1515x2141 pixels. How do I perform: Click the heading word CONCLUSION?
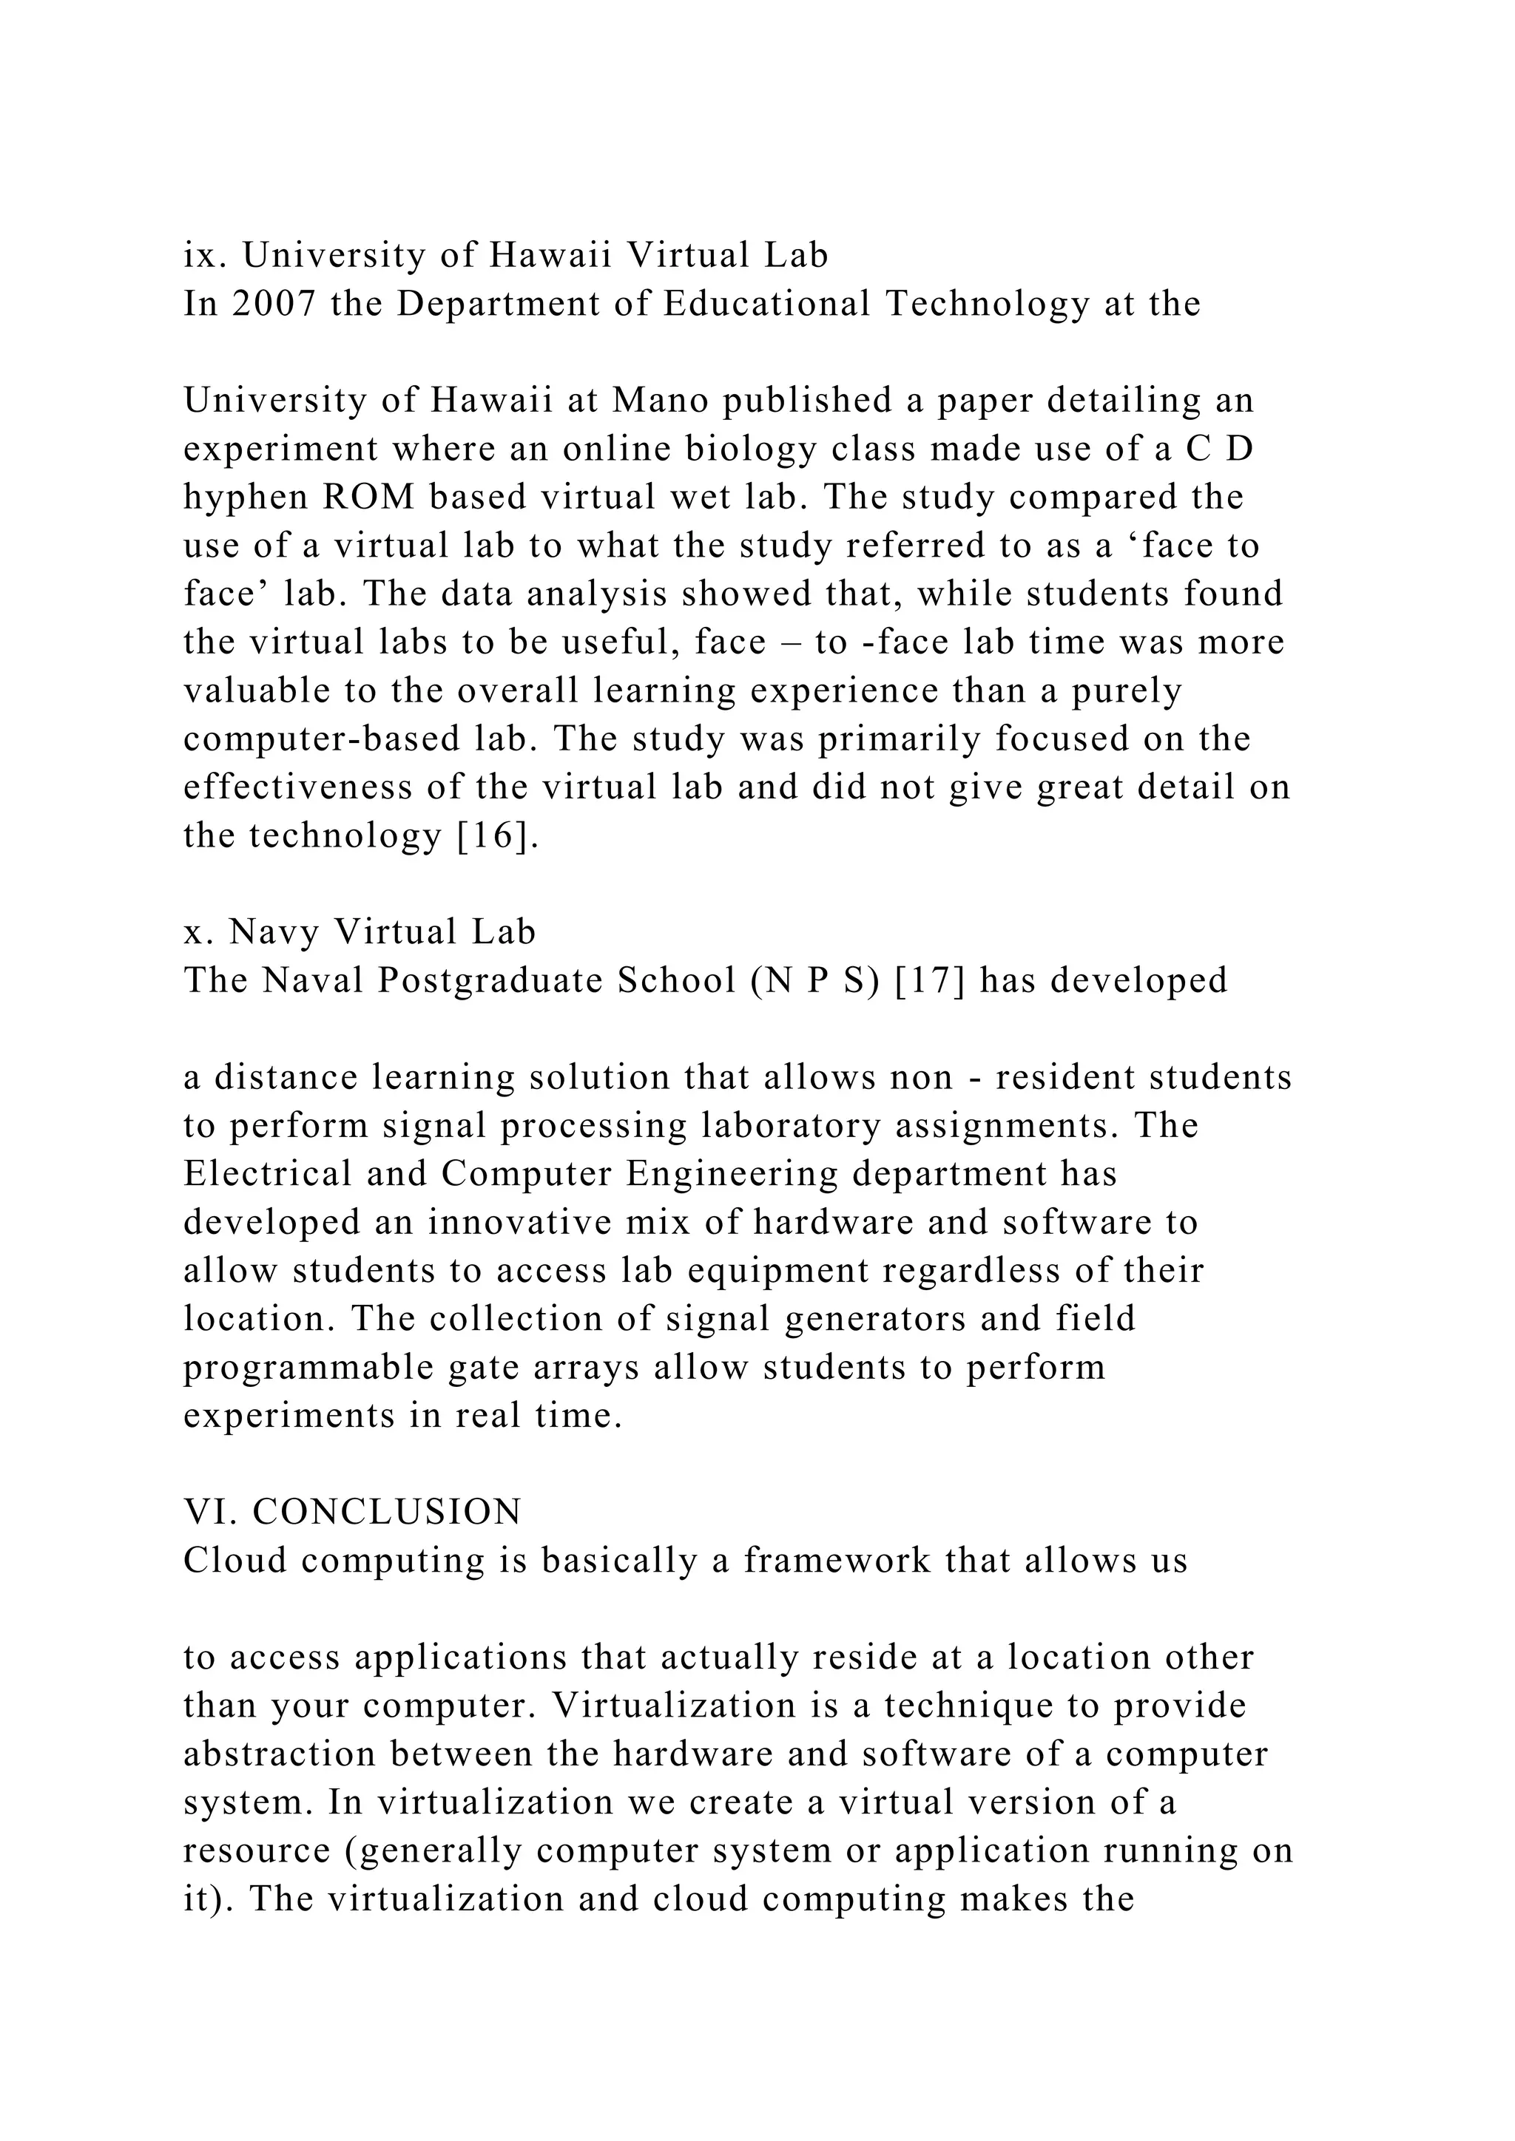point(387,1512)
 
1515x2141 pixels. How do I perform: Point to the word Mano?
point(658,400)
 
